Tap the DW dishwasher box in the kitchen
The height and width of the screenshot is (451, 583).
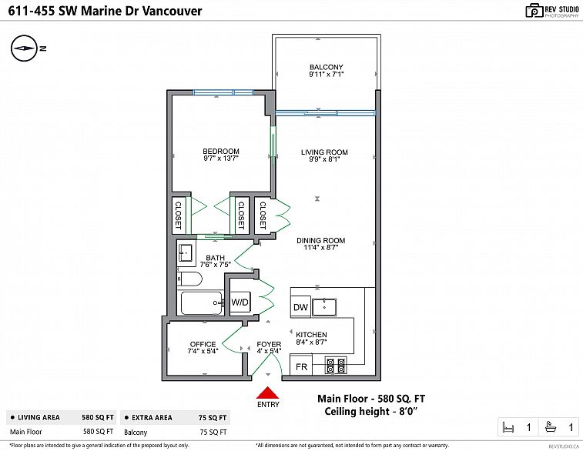(300, 308)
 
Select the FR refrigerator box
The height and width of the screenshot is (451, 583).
(301, 366)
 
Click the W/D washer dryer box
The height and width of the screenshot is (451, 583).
(240, 302)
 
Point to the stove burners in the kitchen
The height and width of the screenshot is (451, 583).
(336, 365)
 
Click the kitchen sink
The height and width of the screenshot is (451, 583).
(327, 307)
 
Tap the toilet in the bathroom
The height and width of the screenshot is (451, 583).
(188, 279)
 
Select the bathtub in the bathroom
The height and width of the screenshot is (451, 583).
(200, 303)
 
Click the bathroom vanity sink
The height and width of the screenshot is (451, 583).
(186, 252)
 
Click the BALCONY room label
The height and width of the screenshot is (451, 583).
(326, 67)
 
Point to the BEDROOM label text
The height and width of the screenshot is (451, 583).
(221, 151)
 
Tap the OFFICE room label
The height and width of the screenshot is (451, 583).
(203, 344)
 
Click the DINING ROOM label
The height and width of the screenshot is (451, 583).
(321, 241)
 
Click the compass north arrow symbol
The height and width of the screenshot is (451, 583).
(24, 48)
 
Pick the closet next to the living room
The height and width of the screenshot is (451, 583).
(263, 215)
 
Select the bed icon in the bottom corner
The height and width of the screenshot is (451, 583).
(508, 427)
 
